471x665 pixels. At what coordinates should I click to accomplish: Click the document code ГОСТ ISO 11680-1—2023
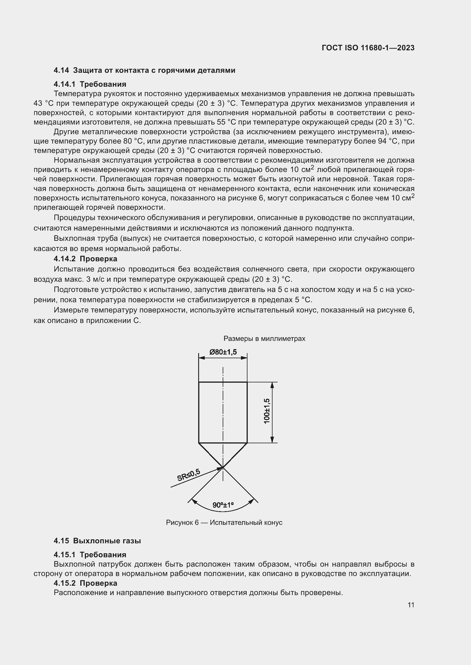[x=368, y=48]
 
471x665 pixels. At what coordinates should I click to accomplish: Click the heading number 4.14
[x=61, y=71]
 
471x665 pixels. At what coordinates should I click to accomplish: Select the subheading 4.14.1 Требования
[x=90, y=84]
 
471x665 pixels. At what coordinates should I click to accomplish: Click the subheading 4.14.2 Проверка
[x=85, y=259]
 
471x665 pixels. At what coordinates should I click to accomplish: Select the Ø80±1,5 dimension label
[x=223, y=352]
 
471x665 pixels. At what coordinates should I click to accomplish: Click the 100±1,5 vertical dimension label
[x=267, y=411]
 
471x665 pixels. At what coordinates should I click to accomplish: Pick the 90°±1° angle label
[x=223, y=505]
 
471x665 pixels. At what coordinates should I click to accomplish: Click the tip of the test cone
[x=223, y=467]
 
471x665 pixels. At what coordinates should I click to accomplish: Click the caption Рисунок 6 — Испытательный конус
[x=224, y=523]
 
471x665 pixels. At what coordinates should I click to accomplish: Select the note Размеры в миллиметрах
[x=264, y=339]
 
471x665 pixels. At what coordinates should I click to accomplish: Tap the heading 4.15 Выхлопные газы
[x=97, y=541]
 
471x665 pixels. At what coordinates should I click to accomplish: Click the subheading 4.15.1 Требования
[x=90, y=555]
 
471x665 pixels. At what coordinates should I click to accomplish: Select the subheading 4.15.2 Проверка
[x=85, y=583]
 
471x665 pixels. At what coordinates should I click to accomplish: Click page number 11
[x=411, y=605]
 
